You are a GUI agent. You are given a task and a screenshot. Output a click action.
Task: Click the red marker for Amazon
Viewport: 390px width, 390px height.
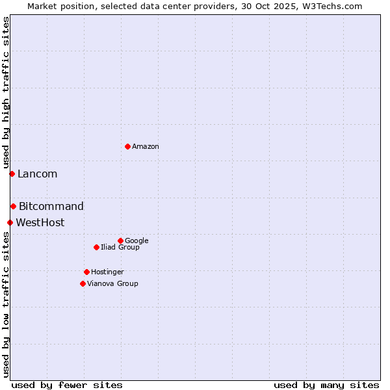127,146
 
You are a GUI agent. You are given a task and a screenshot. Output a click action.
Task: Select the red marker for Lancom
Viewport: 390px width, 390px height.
12,174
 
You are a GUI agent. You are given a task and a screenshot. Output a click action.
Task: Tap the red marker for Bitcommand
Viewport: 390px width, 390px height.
13,206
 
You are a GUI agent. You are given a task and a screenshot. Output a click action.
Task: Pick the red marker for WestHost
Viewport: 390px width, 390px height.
10,222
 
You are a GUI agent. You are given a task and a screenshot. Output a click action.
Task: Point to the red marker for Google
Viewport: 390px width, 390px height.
120,240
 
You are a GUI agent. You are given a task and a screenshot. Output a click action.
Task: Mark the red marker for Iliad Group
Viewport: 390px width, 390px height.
96,247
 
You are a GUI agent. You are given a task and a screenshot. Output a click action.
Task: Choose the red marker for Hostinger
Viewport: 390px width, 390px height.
86,272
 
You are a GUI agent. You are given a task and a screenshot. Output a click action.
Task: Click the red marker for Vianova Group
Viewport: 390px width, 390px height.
83,283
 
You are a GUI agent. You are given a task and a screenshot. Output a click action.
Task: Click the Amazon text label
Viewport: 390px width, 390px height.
146,147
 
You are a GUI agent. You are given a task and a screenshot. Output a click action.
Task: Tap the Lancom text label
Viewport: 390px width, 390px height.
37,174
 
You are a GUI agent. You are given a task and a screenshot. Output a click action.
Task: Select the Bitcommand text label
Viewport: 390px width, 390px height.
51,207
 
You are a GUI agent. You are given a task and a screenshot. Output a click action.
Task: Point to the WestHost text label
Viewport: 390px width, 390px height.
40,223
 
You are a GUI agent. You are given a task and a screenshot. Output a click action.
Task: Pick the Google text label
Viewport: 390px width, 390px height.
136,241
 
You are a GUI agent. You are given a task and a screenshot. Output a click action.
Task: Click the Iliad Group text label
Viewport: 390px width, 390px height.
120,248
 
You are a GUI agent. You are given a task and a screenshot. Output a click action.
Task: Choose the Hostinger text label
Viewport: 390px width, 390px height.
107,272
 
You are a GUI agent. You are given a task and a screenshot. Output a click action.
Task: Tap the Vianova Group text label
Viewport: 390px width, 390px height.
112,284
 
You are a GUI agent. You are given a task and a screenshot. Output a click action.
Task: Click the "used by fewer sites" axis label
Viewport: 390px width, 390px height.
67,385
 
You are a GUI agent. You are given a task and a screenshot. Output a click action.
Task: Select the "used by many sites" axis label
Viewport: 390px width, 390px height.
326,385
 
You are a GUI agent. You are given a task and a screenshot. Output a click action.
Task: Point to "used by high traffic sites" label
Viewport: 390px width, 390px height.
6,93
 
